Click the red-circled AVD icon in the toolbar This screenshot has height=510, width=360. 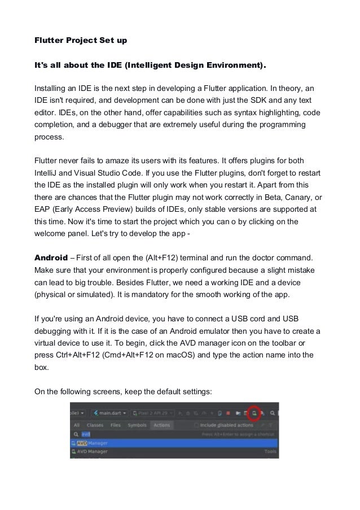coord(254,413)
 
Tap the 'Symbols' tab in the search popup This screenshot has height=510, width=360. coord(137,425)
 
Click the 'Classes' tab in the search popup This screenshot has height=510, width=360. coord(94,425)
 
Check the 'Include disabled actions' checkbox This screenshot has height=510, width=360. coord(196,425)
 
